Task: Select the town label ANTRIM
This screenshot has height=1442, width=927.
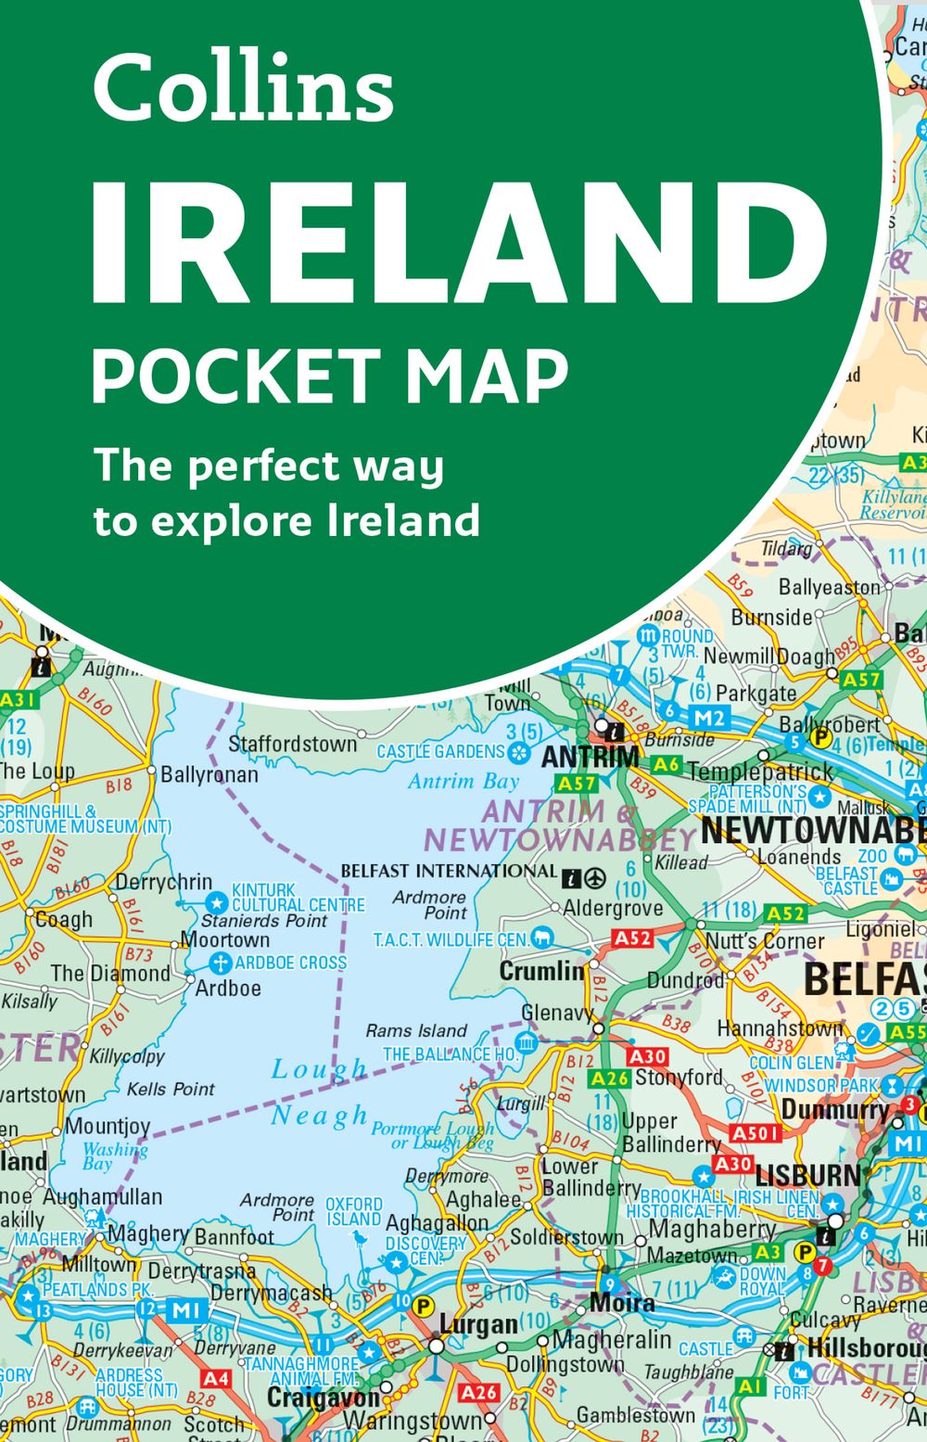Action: coord(590,758)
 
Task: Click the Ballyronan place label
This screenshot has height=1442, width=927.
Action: coord(210,774)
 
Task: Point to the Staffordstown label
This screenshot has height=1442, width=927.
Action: coord(292,744)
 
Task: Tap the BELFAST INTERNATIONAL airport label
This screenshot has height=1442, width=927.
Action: coord(449,871)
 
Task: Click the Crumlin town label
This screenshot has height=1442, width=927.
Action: coord(542,971)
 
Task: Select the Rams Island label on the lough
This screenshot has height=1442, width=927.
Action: coord(416,1030)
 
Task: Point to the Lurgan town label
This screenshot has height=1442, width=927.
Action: coord(478,1323)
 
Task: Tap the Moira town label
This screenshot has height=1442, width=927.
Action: coord(622,1303)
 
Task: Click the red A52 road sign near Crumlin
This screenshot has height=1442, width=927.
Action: coord(633,939)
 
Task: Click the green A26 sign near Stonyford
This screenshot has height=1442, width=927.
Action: coord(610,1078)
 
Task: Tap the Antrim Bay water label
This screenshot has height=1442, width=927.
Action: coord(463,782)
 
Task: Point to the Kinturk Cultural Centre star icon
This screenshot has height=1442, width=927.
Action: coord(216,901)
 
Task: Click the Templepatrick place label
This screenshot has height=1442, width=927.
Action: coord(760,772)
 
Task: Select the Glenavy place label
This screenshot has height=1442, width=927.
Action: coord(557,1013)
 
